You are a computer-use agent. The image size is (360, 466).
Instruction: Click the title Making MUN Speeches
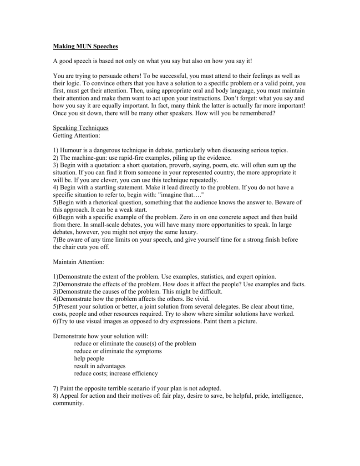[86, 46]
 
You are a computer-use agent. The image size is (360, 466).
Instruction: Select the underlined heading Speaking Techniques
[81, 128]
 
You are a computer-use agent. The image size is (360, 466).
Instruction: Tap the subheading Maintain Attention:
[79, 262]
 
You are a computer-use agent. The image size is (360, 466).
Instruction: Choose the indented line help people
[89, 359]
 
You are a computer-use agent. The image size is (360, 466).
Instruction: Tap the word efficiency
[142, 374]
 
